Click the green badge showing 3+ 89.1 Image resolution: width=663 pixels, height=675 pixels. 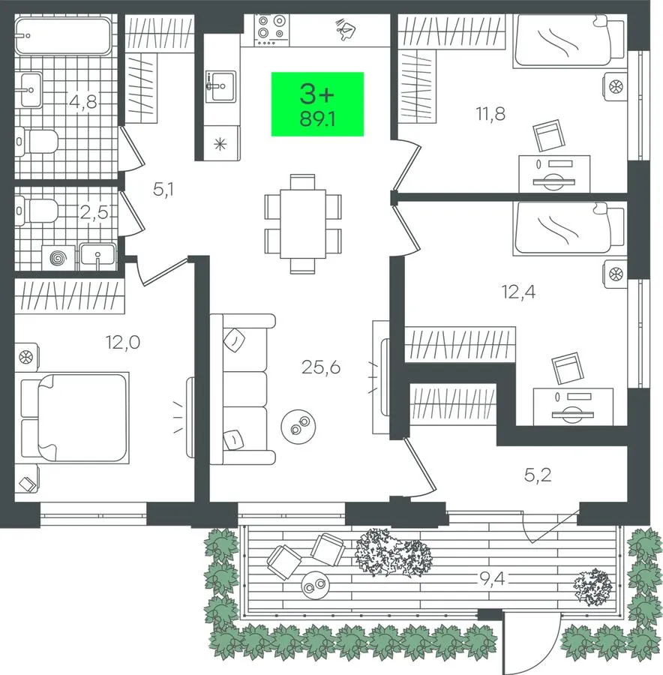tap(317, 104)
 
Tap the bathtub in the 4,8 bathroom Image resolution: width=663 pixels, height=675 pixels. tap(63, 37)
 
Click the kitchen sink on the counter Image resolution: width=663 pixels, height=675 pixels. tap(220, 87)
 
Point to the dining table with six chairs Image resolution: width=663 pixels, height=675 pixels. tap(303, 223)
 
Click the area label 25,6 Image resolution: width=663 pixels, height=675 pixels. tap(321, 367)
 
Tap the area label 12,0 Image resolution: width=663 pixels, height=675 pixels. tap(123, 342)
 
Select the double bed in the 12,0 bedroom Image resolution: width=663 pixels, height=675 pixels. tap(75, 418)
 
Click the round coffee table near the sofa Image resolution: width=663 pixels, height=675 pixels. tap(298, 426)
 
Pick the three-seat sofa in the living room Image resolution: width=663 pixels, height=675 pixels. tap(242, 389)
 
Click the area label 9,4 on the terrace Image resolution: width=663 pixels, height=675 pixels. tap(492, 580)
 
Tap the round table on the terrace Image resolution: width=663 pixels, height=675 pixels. tap(315, 585)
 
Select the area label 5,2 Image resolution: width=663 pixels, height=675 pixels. tap(538, 475)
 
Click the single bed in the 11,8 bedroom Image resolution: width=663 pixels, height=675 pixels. tap(568, 41)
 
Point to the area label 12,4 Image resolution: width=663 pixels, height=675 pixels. tap(518, 292)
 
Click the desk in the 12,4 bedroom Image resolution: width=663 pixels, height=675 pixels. tap(573, 406)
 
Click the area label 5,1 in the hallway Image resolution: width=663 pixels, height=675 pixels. tap(163, 189)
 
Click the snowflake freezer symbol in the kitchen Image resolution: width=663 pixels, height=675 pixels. tap(220, 144)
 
